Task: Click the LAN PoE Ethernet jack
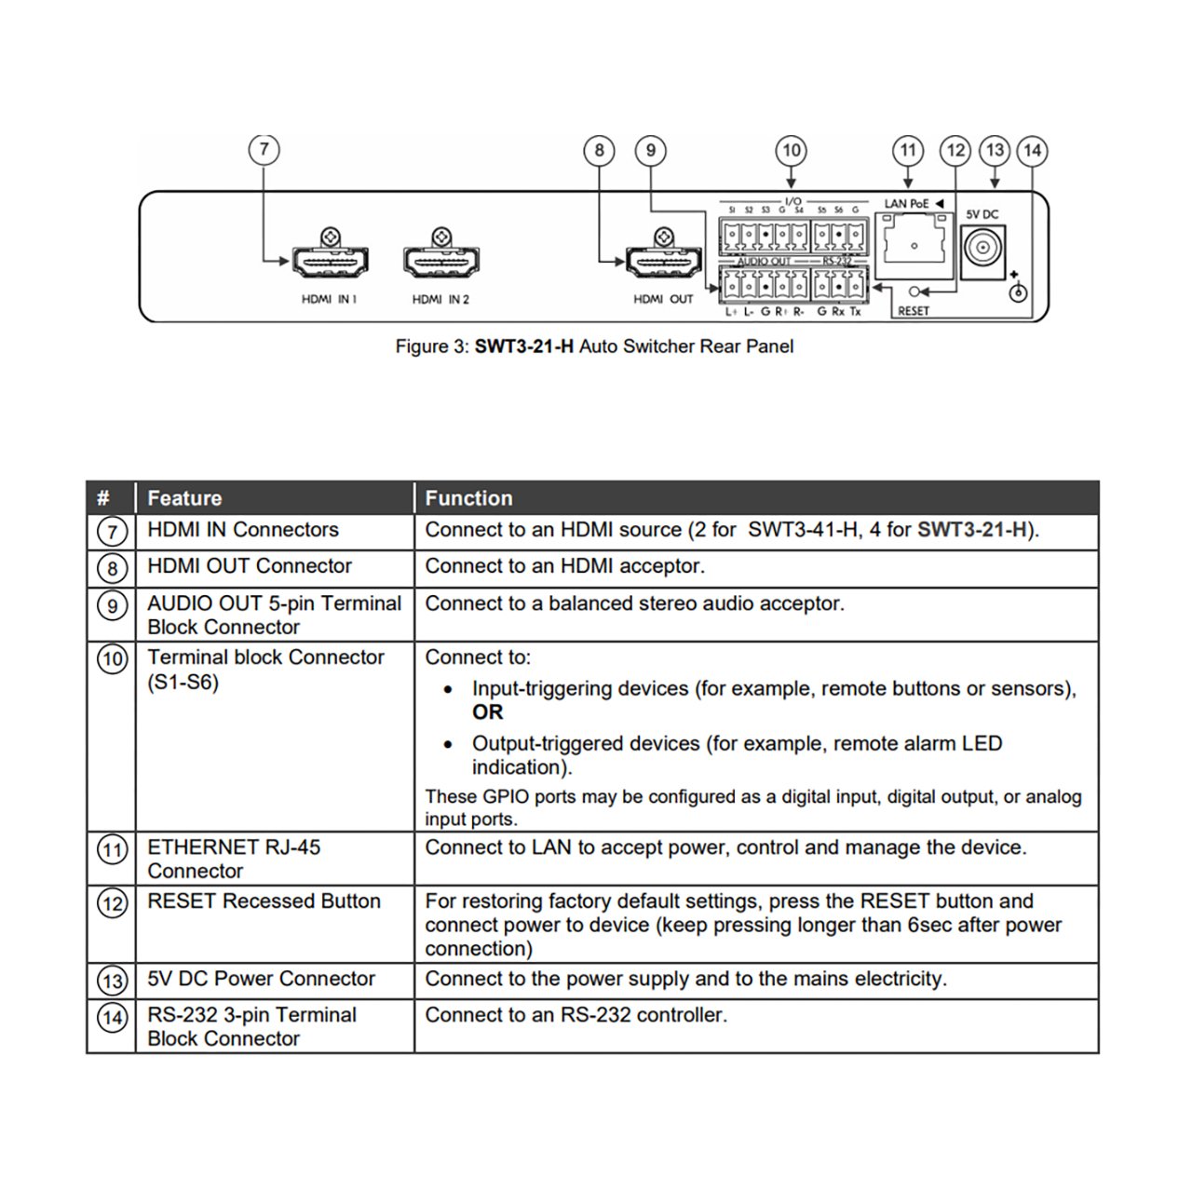[915, 244]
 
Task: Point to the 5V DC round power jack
[982, 249]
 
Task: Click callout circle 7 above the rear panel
[264, 150]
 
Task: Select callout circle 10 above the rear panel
[792, 150]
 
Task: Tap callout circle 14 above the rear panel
[1032, 150]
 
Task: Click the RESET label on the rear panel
[914, 311]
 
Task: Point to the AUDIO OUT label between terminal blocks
[763, 262]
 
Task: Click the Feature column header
[184, 498]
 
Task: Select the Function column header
[468, 498]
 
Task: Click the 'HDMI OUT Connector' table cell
[250, 566]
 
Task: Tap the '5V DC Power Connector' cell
[261, 979]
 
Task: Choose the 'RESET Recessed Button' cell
[264, 901]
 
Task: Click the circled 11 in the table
[112, 849]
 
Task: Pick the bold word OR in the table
[487, 712]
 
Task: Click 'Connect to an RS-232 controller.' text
[576, 1015]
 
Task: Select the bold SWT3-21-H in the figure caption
[523, 346]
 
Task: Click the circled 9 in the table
[112, 606]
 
